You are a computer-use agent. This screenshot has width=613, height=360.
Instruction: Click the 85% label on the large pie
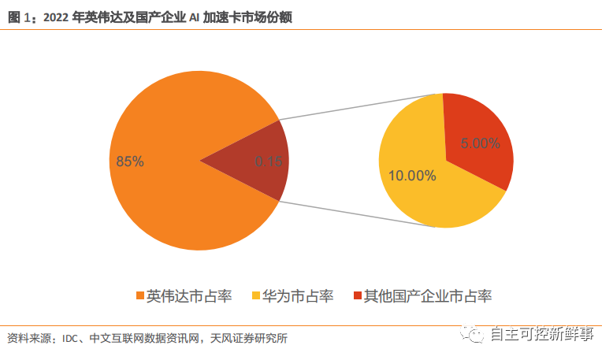pos(130,161)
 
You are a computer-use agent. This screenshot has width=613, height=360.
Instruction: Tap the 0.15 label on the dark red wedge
pos(269,161)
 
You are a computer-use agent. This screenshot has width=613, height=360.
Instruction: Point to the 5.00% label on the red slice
pos(479,143)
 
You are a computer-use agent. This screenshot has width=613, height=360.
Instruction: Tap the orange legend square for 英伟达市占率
pos(140,296)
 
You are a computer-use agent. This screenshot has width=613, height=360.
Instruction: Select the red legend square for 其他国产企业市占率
pos(358,296)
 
